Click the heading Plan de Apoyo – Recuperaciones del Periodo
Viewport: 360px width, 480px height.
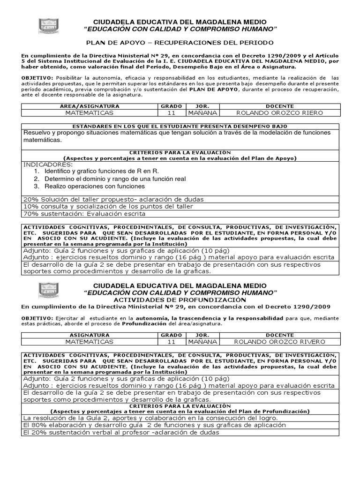point(180,41)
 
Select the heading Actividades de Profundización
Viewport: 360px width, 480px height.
point(180,299)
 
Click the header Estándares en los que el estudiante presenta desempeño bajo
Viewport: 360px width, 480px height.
point(180,127)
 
